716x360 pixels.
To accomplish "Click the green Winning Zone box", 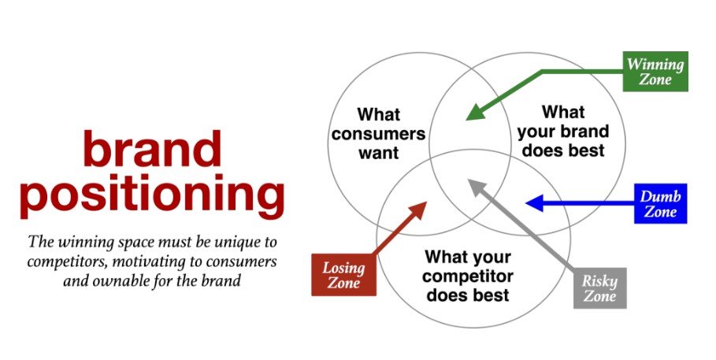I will [x=656, y=72].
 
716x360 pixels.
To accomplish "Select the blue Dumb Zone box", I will [x=660, y=204].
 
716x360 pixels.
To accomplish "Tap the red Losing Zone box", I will [x=343, y=275].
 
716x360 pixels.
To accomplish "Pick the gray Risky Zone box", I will [x=599, y=288].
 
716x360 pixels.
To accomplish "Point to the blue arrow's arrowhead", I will [x=532, y=204].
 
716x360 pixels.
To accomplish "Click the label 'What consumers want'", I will [x=378, y=133].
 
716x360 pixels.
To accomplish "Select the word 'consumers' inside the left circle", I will [x=378, y=133].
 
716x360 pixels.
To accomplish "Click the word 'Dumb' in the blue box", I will [x=660, y=196].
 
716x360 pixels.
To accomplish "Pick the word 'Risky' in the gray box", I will [x=599, y=281].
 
